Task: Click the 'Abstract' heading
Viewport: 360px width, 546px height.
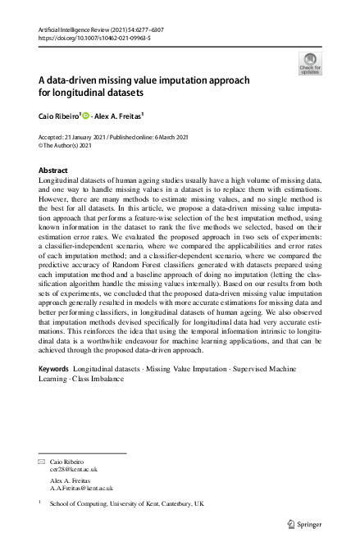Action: [54, 170]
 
